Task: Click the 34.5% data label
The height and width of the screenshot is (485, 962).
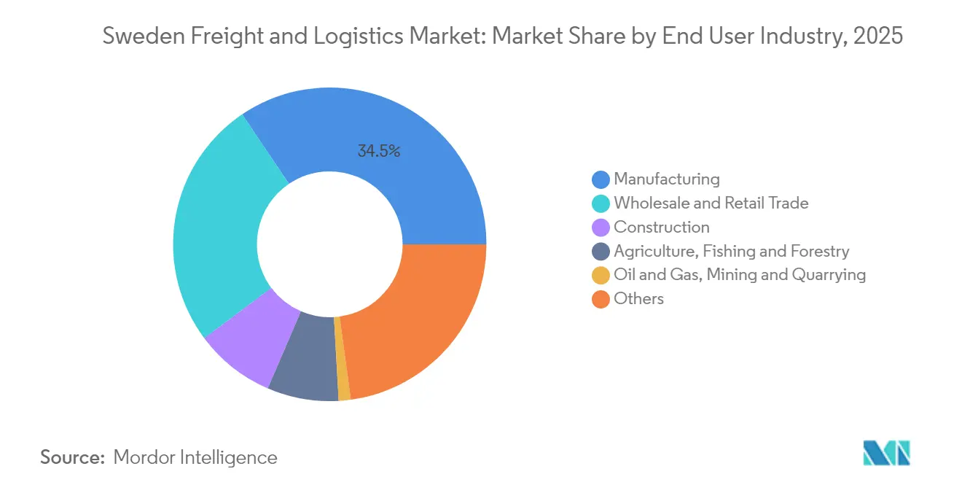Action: pos(379,152)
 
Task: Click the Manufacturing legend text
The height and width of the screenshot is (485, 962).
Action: pos(666,179)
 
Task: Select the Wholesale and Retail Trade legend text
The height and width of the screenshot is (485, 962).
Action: pos(711,203)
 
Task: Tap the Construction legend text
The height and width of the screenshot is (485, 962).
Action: pos(661,227)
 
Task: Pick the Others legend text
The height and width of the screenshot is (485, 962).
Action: pos(638,298)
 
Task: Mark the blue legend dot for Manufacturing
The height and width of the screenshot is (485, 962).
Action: pos(601,179)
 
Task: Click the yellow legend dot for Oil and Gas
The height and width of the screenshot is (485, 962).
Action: pos(601,275)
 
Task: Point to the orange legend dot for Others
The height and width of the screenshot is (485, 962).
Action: pos(601,299)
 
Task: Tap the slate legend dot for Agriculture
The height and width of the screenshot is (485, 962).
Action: pos(601,252)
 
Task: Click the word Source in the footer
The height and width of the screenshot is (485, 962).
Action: pos(73,457)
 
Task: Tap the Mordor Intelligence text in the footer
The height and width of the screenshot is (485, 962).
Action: pos(195,457)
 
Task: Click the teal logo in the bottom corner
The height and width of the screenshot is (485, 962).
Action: pos(885,454)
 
